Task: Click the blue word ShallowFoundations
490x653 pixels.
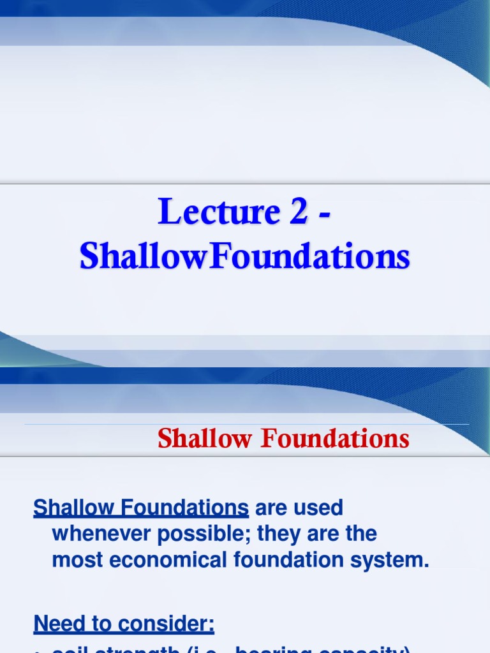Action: [244, 257]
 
